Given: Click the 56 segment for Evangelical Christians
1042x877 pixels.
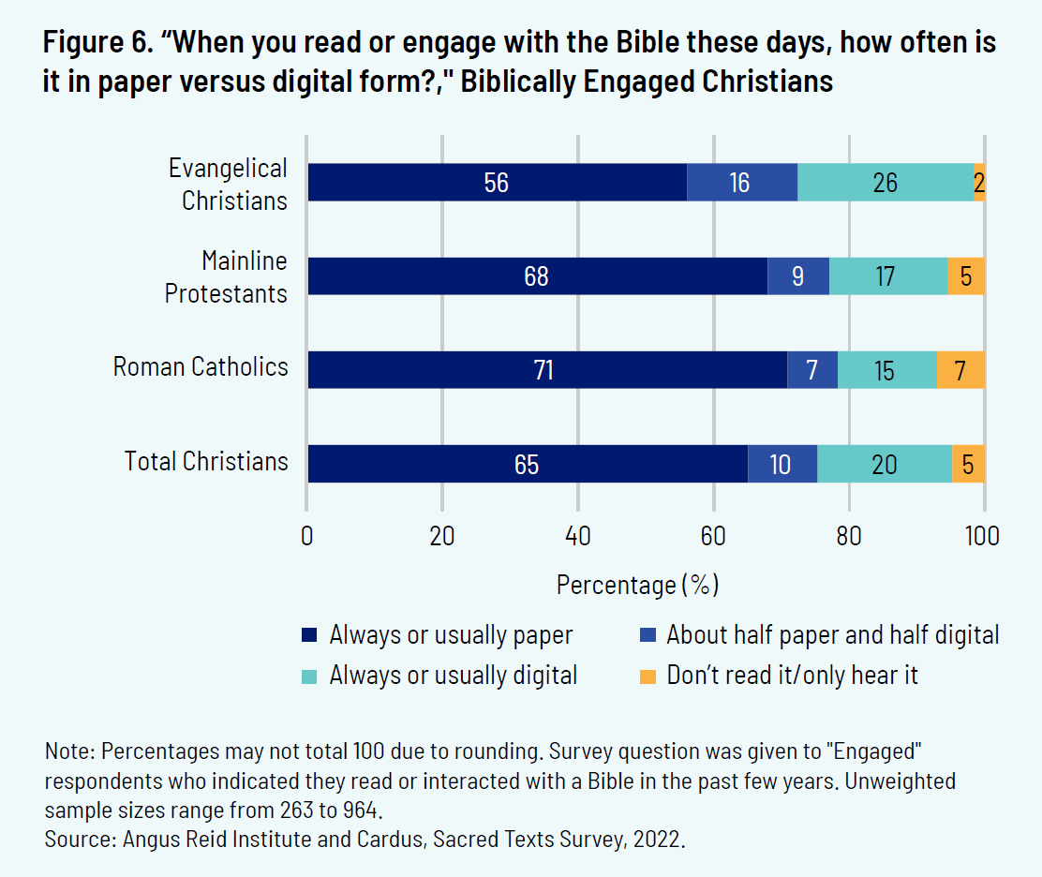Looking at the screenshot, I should tap(497, 183).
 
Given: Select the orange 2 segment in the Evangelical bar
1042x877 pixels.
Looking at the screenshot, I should tap(979, 183).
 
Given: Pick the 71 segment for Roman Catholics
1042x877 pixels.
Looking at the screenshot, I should tap(546, 370).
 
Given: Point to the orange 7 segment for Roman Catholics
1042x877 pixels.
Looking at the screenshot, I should tap(960, 370).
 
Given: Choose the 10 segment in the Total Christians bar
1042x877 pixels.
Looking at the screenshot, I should tap(781, 464).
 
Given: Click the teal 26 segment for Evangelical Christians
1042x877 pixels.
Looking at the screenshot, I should tap(885, 183).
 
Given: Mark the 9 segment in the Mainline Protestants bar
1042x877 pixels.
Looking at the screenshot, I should tap(797, 276).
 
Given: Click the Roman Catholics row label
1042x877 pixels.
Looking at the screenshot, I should tap(201, 366).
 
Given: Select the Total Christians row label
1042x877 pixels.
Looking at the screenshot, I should tap(206, 461).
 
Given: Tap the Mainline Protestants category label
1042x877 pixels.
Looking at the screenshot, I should tap(226, 277).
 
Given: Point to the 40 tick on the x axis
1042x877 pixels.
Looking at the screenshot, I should tap(578, 536).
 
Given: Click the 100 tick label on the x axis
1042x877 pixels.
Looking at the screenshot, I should tap(982, 536).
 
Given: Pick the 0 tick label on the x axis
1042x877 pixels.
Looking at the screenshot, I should tap(307, 536).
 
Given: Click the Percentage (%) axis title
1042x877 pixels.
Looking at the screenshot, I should tap(637, 586).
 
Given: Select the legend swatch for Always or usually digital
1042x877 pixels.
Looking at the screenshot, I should tap(310, 676).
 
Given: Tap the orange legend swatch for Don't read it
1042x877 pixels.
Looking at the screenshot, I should tap(648, 676).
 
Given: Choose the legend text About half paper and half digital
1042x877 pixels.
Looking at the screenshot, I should tap(833, 635).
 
